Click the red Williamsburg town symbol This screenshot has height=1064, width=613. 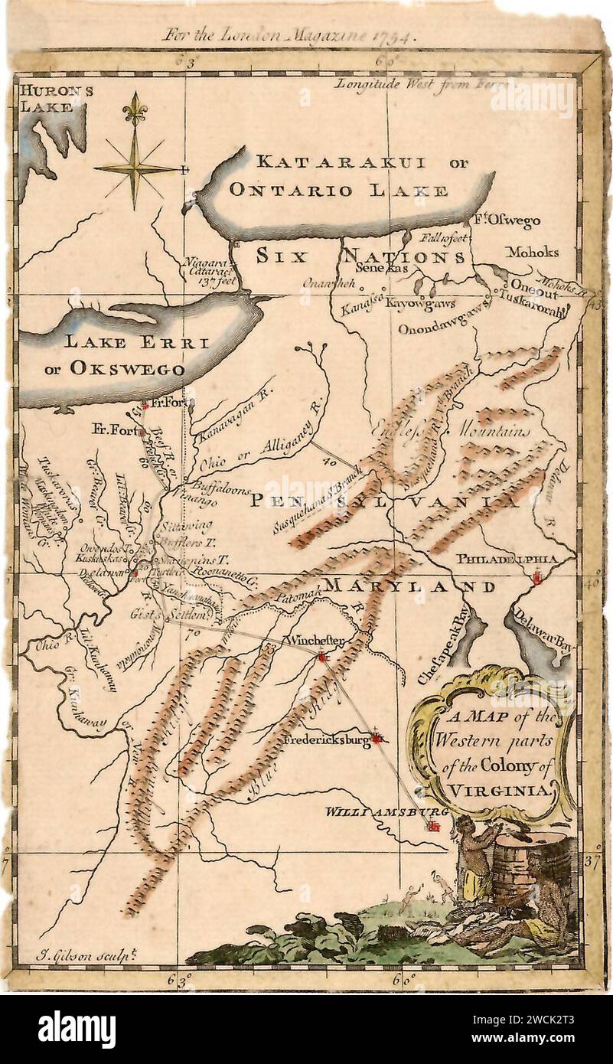(434, 825)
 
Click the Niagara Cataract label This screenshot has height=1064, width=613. (205, 269)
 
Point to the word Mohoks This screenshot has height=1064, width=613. (533, 252)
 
